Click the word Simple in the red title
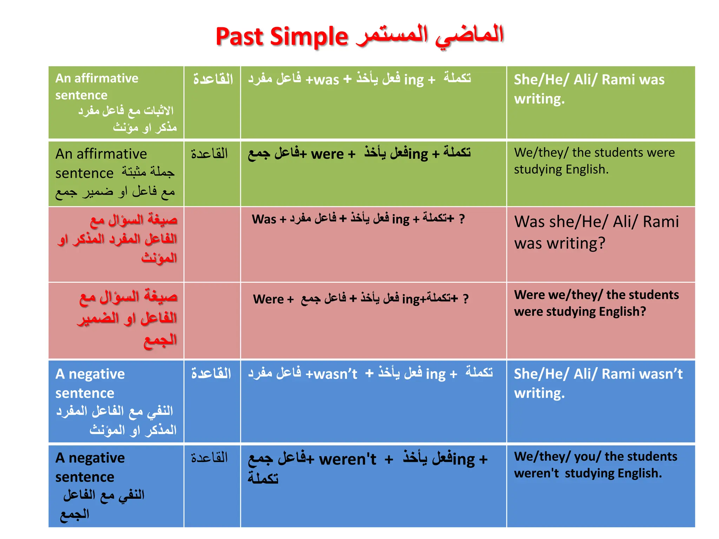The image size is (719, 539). [x=309, y=37]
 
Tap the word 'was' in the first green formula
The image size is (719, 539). [x=326, y=80]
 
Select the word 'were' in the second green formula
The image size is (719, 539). [x=327, y=154]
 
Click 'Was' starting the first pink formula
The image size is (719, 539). [x=264, y=219]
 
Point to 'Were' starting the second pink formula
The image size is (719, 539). [x=268, y=299]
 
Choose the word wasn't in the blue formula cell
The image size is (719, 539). [x=335, y=374]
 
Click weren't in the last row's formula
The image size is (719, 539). [x=347, y=459]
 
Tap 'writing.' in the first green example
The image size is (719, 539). [x=539, y=99]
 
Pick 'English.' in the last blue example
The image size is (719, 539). [x=640, y=473]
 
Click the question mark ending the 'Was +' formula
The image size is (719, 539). [x=462, y=219]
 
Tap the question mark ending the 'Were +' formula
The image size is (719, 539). [x=466, y=299]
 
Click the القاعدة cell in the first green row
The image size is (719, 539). [x=213, y=79]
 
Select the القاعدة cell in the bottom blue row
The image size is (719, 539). [x=210, y=458]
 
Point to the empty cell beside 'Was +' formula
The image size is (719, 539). [x=212, y=244]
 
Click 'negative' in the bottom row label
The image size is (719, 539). [x=97, y=458]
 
